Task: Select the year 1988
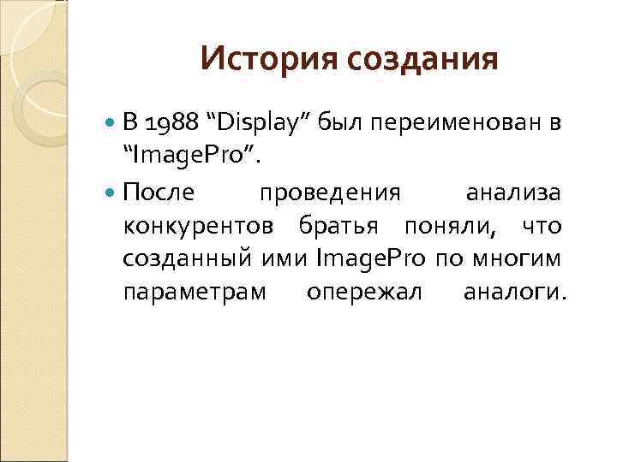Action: coord(171,122)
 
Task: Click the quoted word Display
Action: coord(255,122)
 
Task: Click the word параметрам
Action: coord(195,293)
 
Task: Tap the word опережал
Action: coord(364,293)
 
